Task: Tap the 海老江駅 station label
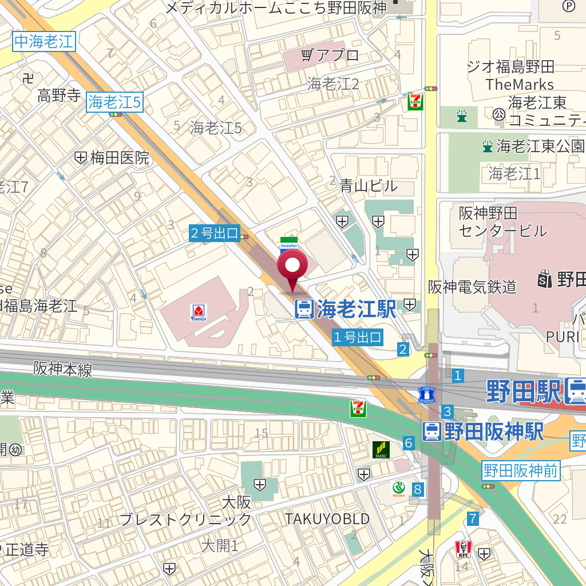[x=346, y=309]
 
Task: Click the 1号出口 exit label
[x=358, y=338]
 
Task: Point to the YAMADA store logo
[x=199, y=312]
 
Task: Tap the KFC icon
[x=462, y=549]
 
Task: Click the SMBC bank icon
[x=381, y=450]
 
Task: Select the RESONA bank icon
[x=399, y=488]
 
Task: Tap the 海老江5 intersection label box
[x=114, y=102]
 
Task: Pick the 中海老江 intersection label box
[x=44, y=41]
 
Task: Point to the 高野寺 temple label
[x=59, y=95]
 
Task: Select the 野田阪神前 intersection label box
[x=520, y=470]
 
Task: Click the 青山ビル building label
[x=368, y=185]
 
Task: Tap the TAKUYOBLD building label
[x=327, y=518]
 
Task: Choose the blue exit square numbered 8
[x=418, y=489]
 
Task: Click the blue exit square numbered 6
[x=409, y=442]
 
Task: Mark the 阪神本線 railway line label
[x=62, y=369]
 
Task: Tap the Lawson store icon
[x=427, y=394]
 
